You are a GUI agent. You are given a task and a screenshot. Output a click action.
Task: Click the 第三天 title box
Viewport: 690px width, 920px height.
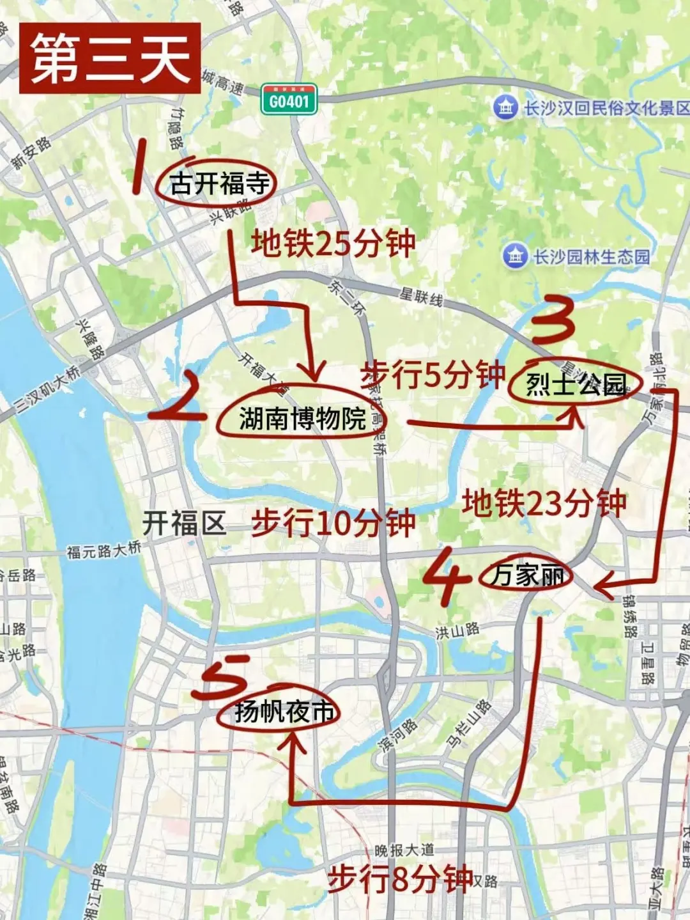(x=110, y=58)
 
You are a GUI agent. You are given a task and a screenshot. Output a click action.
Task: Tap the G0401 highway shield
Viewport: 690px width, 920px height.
(x=289, y=100)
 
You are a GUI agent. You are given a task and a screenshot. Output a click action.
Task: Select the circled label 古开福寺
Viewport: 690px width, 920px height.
(x=219, y=184)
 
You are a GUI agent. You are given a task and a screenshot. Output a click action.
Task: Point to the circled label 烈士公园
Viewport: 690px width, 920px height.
(x=576, y=384)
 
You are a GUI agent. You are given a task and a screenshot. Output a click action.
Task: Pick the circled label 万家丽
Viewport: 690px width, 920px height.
(x=527, y=575)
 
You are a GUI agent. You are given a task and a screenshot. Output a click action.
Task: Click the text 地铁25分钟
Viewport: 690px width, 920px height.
(x=333, y=243)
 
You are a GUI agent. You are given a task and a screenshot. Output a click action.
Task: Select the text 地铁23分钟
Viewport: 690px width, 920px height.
(x=544, y=503)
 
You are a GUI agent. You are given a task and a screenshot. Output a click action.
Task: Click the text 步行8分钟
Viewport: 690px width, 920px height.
(x=400, y=879)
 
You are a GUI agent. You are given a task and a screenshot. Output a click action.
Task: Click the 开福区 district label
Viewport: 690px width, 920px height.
(x=184, y=523)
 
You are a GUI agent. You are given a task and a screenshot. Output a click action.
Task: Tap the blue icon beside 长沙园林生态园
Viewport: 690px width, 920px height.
(x=515, y=256)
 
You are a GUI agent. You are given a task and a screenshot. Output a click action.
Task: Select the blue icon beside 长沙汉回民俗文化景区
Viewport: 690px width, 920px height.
(x=505, y=107)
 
